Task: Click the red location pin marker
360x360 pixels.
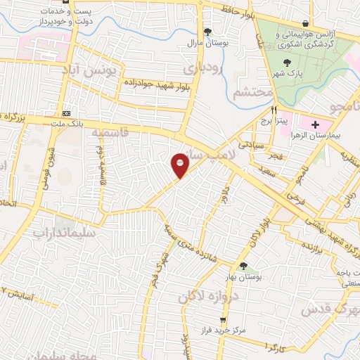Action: tap(181, 165)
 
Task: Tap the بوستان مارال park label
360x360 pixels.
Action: tap(207, 43)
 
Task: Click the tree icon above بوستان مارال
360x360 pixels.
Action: tap(207, 32)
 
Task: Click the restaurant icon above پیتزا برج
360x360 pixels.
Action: tap(275, 110)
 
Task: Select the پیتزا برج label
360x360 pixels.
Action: tap(275, 121)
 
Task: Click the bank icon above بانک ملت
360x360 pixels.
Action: tap(67, 113)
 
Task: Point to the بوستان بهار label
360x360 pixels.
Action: tap(243, 278)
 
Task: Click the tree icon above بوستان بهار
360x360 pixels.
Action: tap(243, 266)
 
